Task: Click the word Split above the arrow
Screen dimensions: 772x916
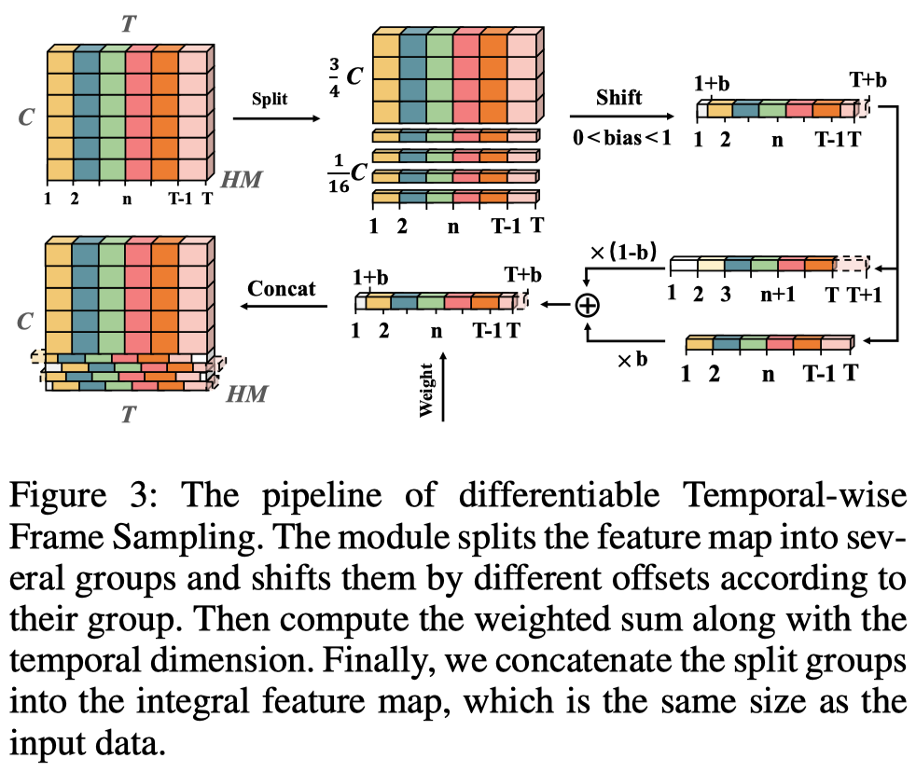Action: tap(270, 98)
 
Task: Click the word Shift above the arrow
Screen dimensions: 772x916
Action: tap(619, 97)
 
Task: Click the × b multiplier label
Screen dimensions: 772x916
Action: tap(631, 358)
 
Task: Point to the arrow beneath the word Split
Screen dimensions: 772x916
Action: tap(279, 118)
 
